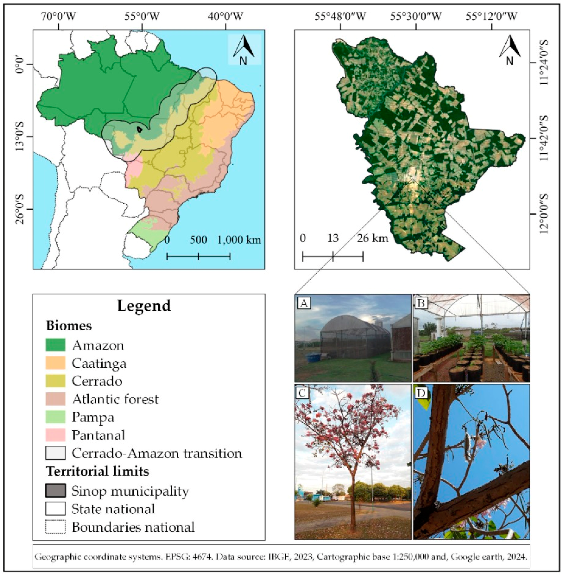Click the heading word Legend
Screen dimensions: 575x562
[x=144, y=306]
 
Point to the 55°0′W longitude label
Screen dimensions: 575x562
[x=142, y=17]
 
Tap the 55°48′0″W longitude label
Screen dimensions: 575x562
[x=340, y=17]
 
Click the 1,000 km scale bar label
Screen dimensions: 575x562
[x=239, y=240]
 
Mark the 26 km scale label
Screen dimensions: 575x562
[x=373, y=238]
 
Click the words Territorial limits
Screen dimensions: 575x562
[x=97, y=471]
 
